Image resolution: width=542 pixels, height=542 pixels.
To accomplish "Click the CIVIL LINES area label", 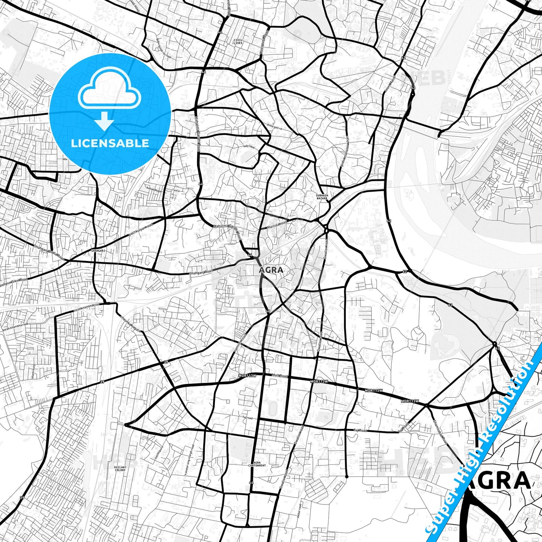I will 238,41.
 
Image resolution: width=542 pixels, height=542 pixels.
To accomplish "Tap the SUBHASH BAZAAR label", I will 322,197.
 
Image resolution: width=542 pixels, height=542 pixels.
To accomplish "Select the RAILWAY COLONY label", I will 120,468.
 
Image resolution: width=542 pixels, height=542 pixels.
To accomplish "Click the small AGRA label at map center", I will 271,270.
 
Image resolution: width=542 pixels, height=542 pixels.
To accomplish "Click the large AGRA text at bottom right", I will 499,481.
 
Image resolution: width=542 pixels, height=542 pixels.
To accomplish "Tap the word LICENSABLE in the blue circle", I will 110,143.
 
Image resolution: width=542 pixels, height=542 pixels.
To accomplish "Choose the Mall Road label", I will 279,376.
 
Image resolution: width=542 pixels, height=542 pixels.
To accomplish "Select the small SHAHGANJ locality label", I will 98,250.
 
